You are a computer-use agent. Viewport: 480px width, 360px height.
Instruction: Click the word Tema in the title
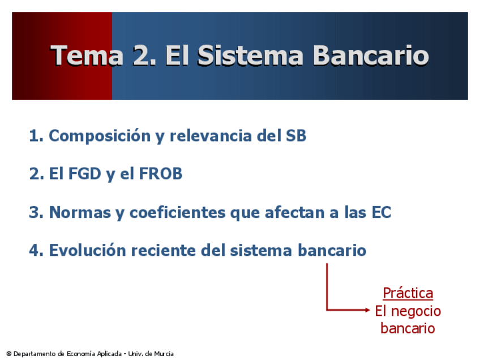pyautogui.click(x=87, y=55)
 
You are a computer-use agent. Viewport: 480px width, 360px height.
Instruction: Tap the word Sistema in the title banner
pyautogui.click(x=250, y=55)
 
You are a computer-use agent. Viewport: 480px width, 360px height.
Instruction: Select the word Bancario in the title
pyautogui.click(x=371, y=55)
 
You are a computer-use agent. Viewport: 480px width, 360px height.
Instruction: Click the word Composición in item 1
pyautogui.click(x=100, y=136)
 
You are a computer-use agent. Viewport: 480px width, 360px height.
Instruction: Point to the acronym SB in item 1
pyautogui.click(x=296, y=136)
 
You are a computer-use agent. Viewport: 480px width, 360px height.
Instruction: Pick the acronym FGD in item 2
pyautogui.click(x=85, y=174)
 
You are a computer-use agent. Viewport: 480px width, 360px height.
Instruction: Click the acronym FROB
pyautogui.click(x=161, y=174)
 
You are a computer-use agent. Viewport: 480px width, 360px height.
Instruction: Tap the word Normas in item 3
pyautogui.click(x=80, y=212)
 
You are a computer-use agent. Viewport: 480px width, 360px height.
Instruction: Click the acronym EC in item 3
pyautogui.click(x=382, y=212)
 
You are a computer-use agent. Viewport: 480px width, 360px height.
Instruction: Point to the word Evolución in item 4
pyautogui.click(x=88, y=250)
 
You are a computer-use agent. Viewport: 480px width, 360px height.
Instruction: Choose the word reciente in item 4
pyautogui.click(x=164, y=250)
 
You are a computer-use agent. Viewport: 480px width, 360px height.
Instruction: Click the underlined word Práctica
pyautogui.click(x=408, y=293)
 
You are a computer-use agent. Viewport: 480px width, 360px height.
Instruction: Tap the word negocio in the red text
pyautogui.click(x=416, y=311)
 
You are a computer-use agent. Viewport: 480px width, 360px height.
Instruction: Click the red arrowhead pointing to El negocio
pyautogui.click(x=367, y=310)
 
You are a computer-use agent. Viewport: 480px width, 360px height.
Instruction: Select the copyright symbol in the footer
pyautogui.click(x=9, y=354)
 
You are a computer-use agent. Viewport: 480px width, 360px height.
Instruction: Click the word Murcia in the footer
pyautogui.click(x=164, y=354)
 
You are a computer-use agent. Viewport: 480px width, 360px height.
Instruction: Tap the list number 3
pyautogui.click(x=35, y=212)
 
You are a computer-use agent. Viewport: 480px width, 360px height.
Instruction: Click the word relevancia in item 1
pyautogui.click(x=211, y=136)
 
